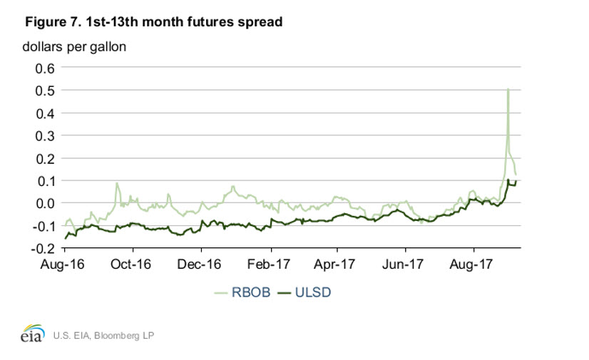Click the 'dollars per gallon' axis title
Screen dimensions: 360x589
click(x=75, y=47)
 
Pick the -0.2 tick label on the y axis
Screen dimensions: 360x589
click(x=42, y=248)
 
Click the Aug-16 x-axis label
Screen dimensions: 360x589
click(x=64, y=264)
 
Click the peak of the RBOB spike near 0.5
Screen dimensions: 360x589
click(x=508, y=89)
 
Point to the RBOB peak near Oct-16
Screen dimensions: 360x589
click(x=117, y=183)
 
